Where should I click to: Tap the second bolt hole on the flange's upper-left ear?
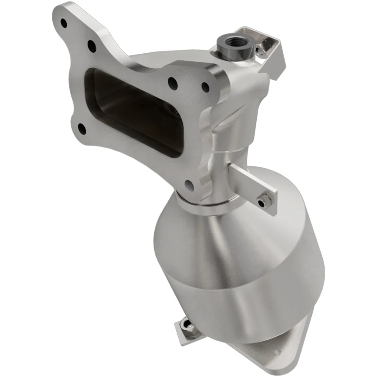(x=91, y=46)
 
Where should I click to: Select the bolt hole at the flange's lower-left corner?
(x=82, y=127)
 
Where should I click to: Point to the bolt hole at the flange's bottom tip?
(x=189, y=185)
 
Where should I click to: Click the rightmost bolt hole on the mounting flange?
(x=205, y=87)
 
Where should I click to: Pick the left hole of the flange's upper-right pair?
(x=173, y=83)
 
